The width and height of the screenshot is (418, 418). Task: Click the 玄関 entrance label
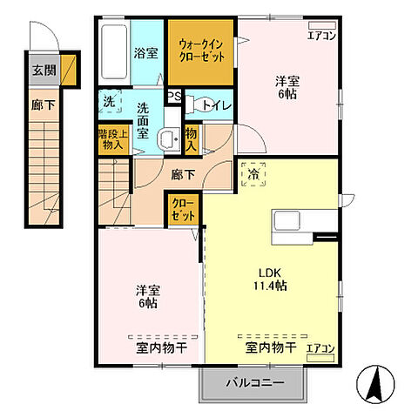42,72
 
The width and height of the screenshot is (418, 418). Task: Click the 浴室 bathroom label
145,52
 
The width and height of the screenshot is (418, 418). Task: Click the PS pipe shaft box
174,98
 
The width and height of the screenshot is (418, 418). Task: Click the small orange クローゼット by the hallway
183,212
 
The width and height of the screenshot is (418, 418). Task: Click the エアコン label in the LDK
321,348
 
